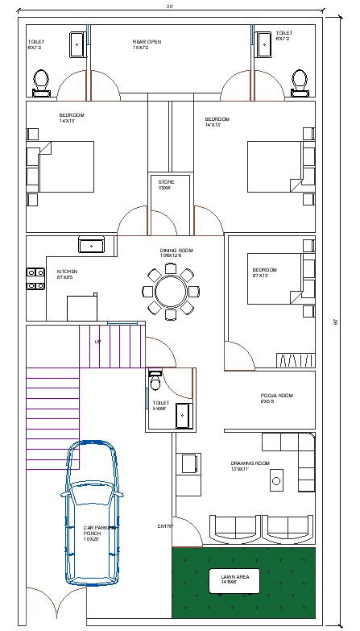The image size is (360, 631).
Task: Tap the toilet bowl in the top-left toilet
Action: point(42,81)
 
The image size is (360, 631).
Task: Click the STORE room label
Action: point(166,185)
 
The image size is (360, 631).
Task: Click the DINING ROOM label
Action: point(176,254)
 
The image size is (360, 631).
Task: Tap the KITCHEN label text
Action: point(67,275)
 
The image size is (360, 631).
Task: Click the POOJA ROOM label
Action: point(275,399)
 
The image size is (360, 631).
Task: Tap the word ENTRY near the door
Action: point(165,526)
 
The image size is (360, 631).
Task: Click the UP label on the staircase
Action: point(98,342)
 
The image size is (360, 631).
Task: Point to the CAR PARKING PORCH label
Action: point(99,533)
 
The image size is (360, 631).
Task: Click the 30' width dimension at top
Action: point(170,5)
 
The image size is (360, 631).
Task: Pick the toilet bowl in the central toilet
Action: point(156,384)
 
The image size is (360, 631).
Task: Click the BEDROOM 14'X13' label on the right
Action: point(217,122)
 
